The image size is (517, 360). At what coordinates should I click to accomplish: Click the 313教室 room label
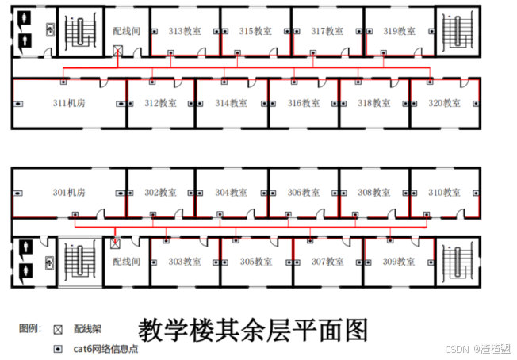[185, 31]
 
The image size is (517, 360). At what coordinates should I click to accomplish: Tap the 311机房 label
[70, 103]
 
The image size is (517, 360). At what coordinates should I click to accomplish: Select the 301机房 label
[70, 192]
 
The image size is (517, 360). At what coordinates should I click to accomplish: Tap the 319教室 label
[399, 31]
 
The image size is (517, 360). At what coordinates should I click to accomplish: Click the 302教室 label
[160, 192]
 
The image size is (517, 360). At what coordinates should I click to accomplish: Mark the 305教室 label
[256, 261]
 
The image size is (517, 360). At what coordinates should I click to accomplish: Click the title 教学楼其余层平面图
[254, 329]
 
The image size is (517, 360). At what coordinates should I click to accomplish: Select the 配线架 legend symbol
[57, 328]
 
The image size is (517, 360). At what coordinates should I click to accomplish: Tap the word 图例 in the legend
[30, 327]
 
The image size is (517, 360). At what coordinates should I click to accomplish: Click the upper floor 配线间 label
[127, 31]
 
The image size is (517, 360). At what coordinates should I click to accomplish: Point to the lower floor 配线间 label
[126, 261]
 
